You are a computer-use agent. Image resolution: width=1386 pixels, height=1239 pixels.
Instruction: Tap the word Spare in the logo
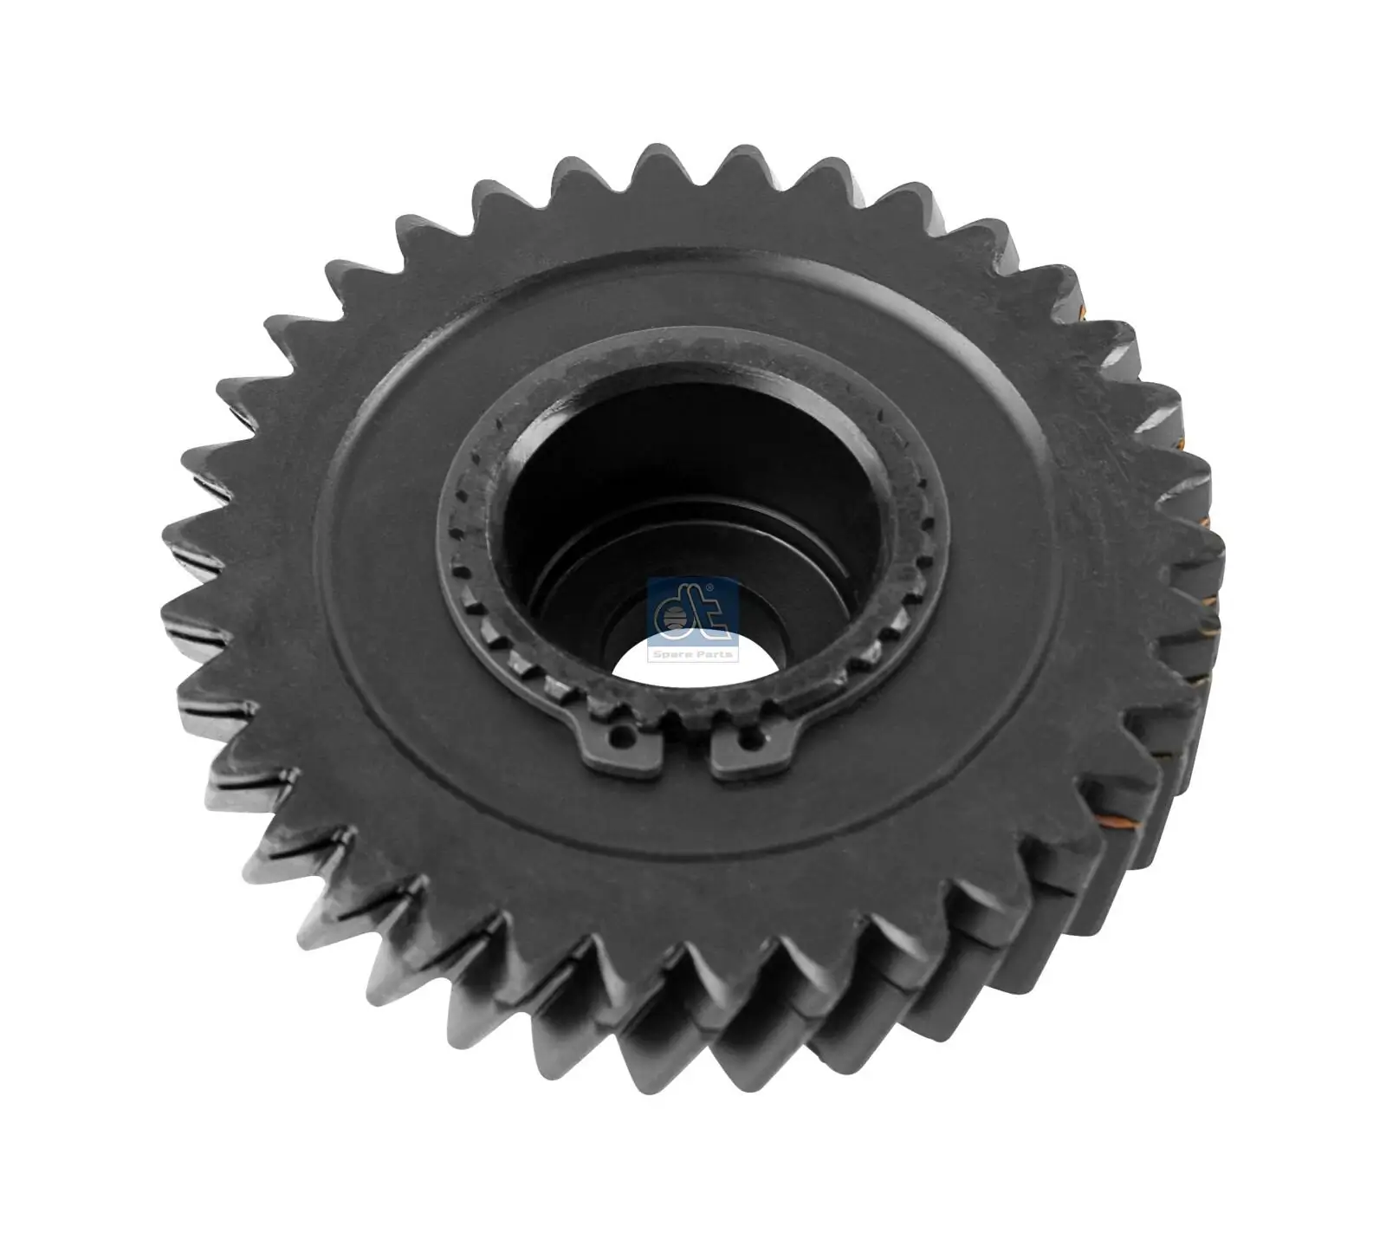674,654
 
